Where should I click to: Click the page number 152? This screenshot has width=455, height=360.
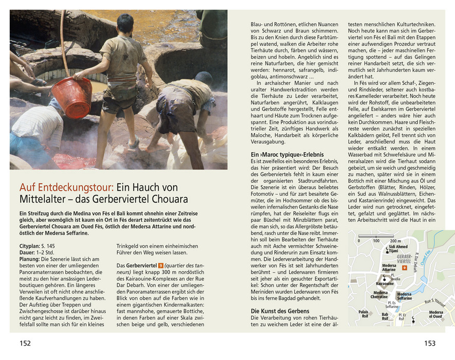[25, 343]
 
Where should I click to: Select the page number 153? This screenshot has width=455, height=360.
[429, 343]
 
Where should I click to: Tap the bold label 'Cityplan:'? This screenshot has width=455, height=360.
[32, 247]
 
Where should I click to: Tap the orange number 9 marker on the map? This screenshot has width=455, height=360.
[405, 268]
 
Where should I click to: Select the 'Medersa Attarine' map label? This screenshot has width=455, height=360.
[389, 267]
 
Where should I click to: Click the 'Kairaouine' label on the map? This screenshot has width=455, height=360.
[385, 283]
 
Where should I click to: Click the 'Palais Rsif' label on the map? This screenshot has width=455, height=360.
[363, 314]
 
